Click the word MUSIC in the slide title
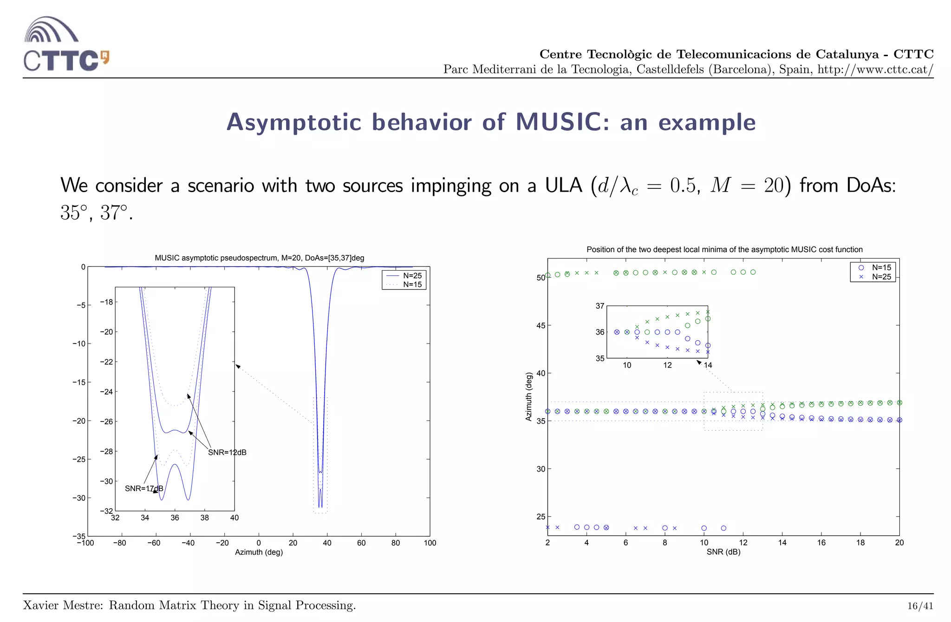559,122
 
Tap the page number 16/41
920,606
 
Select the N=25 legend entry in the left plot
412,276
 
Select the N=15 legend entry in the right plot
881,267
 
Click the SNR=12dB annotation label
227,453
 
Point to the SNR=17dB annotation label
144,489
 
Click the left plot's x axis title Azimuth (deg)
259,552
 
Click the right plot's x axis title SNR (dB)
723,552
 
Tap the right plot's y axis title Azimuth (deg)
528,397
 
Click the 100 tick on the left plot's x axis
430,543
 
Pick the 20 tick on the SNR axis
899,543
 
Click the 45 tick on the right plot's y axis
541,326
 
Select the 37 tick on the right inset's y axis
600,306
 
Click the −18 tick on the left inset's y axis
106,302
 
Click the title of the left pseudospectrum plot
259,258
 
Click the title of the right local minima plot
724,250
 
